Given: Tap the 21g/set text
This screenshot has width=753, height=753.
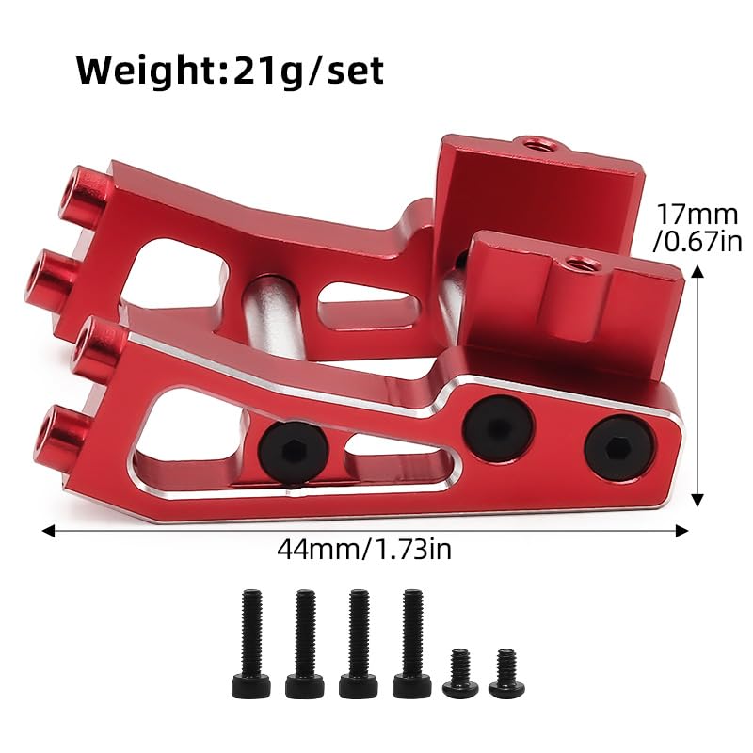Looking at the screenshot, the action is coord(308,72).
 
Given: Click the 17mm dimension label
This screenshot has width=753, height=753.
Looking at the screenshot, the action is coord(697,215).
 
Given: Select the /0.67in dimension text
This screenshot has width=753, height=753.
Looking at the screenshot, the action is coord(697,241).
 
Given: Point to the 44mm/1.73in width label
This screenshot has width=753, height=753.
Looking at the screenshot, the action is coord(364,549).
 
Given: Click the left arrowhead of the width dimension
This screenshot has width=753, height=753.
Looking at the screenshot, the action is coord(48,531).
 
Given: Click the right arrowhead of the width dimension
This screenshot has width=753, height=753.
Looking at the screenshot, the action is coord(682,531).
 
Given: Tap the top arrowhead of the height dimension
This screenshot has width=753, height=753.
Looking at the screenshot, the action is coord(697,272).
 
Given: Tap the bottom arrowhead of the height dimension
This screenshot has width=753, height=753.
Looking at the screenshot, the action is coord(697,501).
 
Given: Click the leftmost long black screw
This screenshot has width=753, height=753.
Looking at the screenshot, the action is coord(251,644).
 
